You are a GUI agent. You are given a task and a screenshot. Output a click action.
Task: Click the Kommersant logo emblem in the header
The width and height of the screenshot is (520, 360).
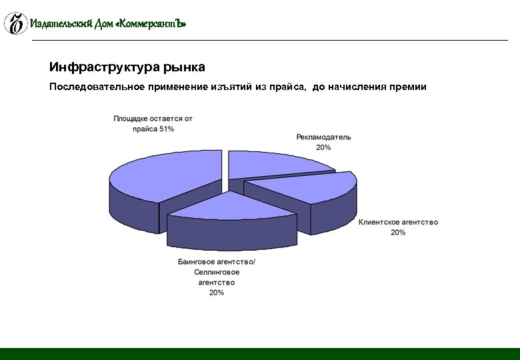click(x=15, y=23)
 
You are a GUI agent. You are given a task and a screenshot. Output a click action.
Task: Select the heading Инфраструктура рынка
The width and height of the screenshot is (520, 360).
click(x=127, y=67)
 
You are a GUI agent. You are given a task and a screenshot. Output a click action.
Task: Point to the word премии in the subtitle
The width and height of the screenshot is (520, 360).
click(x=406, y=87)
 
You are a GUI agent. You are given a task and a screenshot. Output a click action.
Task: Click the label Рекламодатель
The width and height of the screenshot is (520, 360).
click(x=323, y=137)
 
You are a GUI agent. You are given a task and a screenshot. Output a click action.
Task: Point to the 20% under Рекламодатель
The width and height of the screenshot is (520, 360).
click(x=323, y=147)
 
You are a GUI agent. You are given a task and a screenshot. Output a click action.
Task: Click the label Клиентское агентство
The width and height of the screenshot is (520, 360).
click(x=398, y=222)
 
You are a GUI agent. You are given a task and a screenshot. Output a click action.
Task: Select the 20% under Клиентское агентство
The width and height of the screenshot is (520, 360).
click(x=398, y=233)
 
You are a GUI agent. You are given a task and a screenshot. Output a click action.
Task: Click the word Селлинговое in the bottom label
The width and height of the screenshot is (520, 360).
click(x=217, y=272)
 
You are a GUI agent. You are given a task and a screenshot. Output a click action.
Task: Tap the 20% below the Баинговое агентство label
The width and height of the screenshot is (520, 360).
click(x=217, y=293)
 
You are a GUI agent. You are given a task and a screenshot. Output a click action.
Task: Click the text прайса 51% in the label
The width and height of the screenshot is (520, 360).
click(x=153, y=129)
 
